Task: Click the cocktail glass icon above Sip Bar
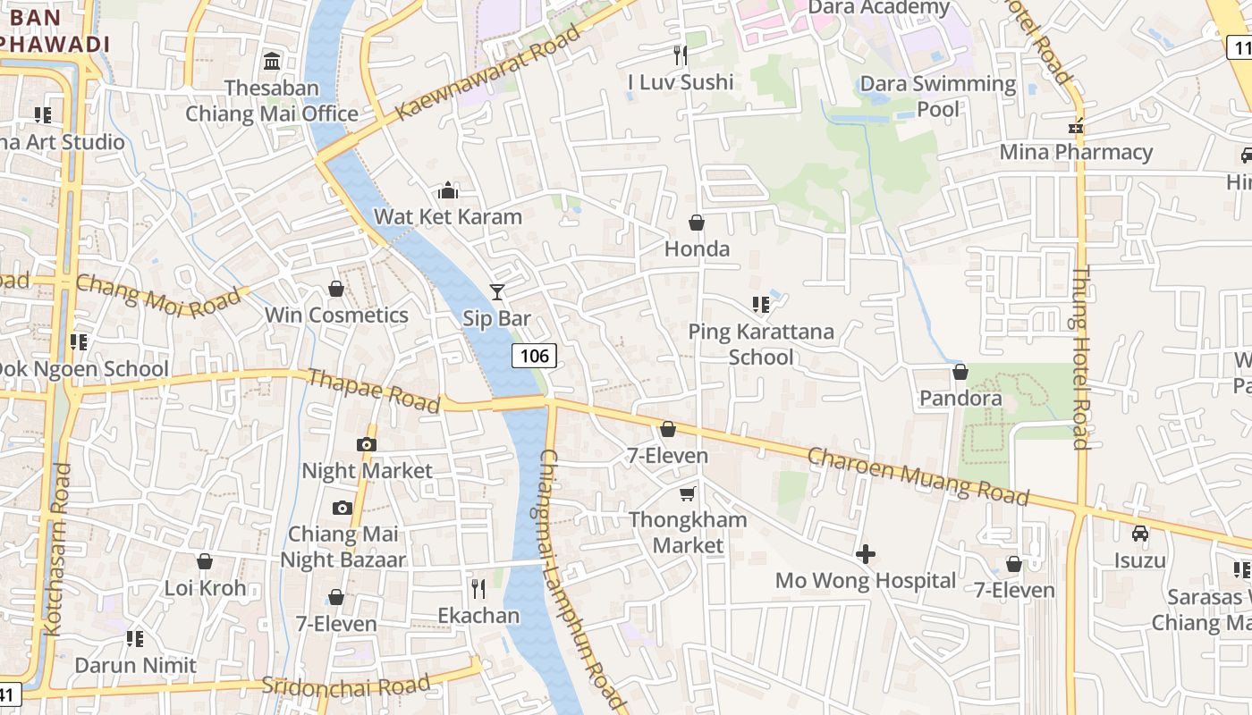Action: pos(496,291)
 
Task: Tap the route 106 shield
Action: pos(534,356)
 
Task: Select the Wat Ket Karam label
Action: pos(447,216)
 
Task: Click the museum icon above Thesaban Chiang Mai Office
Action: pos(271,62)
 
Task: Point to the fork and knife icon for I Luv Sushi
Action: pos(681,55)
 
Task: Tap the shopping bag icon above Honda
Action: pos(696,223)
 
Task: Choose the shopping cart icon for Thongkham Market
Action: pos(687,493)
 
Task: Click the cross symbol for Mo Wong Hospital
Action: pos(865,554)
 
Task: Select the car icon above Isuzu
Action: pos(1139,534)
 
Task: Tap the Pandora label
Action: pos(960,398)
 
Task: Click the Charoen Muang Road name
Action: pos(918,476)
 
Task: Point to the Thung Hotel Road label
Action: pos(1081,357)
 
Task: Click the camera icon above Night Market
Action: pos(366,444)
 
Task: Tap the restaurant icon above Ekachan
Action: pos(478,588)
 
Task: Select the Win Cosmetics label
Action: pos(336,315)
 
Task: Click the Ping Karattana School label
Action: pos(760,344)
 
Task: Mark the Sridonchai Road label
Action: pos(345,686)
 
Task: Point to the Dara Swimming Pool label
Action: pos(937,97)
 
